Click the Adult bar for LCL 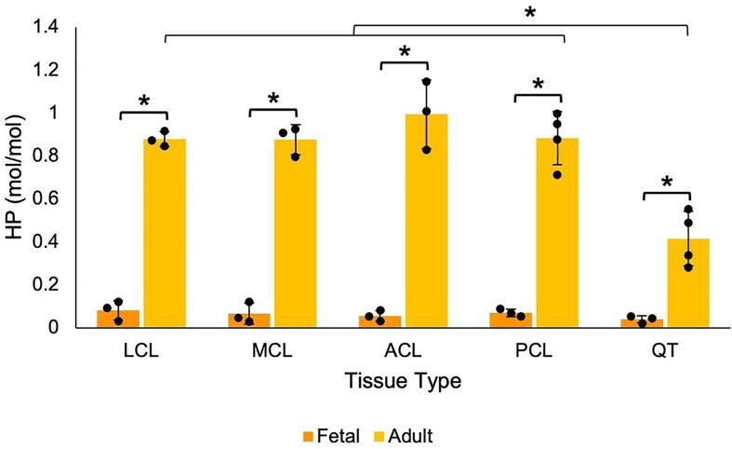pos(165,233)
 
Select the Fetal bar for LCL pos(118,319)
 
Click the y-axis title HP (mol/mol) pos(16,177)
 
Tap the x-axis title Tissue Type pos(403,382)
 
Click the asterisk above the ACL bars pos(405,52)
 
